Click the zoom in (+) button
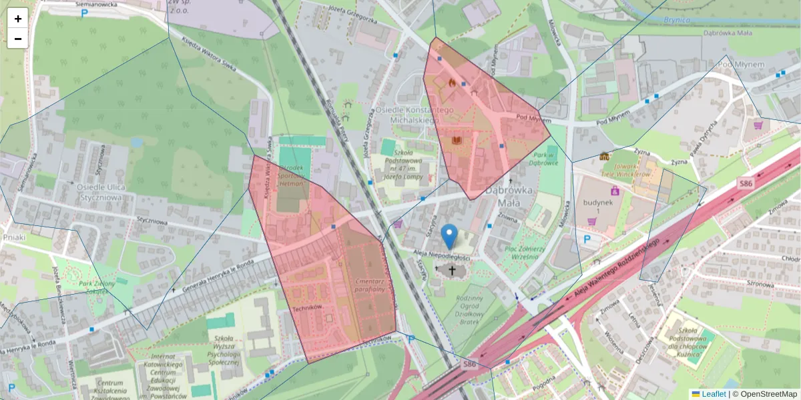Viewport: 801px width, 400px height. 17,19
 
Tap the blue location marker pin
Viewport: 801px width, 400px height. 451,237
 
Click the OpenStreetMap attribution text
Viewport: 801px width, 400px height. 768,394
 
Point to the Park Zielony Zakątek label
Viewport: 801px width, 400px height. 97,287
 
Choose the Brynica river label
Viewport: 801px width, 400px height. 676,20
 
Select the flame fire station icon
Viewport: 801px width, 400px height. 452,83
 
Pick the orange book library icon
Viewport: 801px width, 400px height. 457,141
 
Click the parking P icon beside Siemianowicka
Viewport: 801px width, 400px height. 84,13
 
